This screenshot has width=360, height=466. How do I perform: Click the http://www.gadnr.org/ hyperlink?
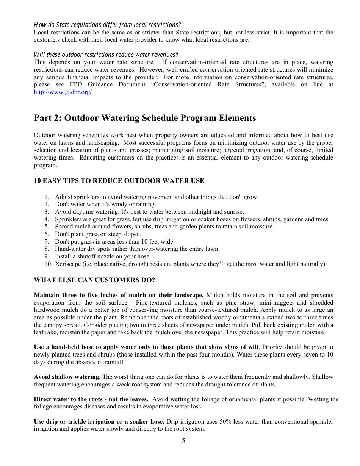point(63,92)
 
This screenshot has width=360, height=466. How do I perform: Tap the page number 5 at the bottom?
point(183,441)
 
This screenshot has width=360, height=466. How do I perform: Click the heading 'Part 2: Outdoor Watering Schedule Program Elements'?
point(145,118)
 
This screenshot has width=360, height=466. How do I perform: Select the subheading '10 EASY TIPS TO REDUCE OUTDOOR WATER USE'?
point(119,181)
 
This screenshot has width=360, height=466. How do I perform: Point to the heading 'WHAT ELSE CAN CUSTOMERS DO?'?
point(94,280)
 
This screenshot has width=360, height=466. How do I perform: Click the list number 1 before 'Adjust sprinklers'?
point(47,197)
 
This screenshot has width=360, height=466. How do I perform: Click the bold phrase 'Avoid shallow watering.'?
point(67,377)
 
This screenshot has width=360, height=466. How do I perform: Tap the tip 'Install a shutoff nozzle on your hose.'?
point(103,256)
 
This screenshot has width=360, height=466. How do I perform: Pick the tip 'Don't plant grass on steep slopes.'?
point(98,234)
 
